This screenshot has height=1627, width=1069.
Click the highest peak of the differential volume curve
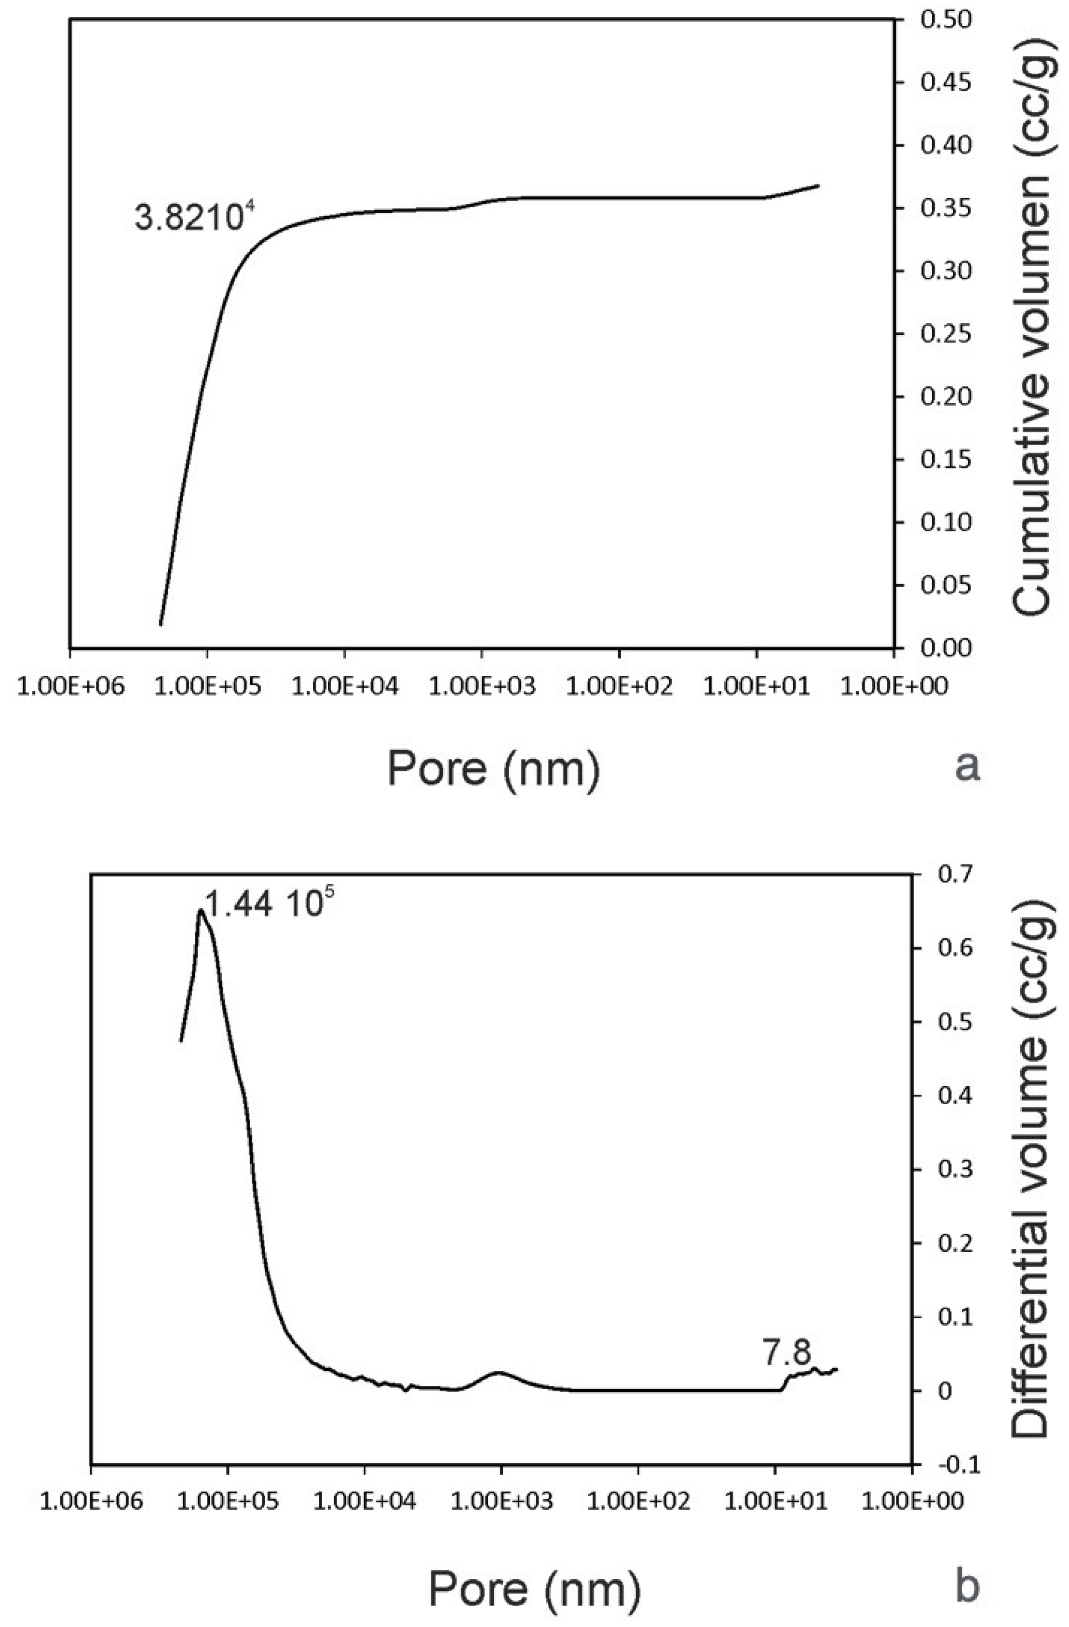point(200,909)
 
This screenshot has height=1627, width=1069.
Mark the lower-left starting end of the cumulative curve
point(161,624)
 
